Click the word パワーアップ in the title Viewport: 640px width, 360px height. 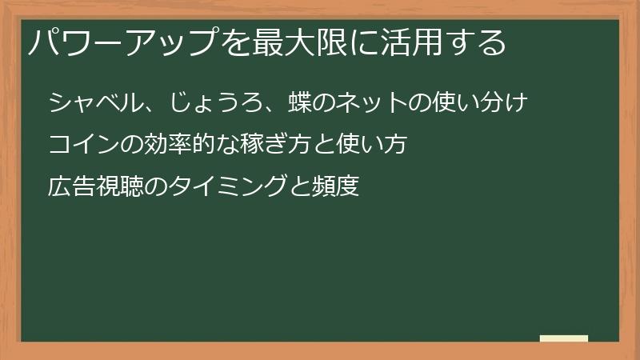[x=119, y=42]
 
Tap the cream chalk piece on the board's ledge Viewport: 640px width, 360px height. [x=563, y=338]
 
